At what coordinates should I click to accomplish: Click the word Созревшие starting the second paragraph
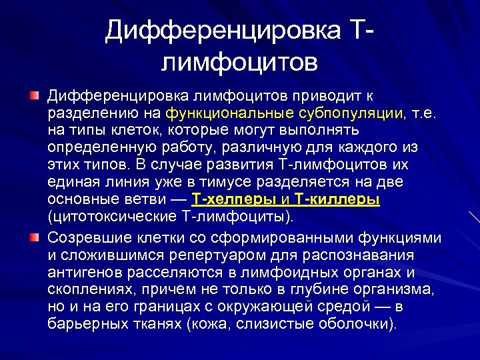[89, 239]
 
